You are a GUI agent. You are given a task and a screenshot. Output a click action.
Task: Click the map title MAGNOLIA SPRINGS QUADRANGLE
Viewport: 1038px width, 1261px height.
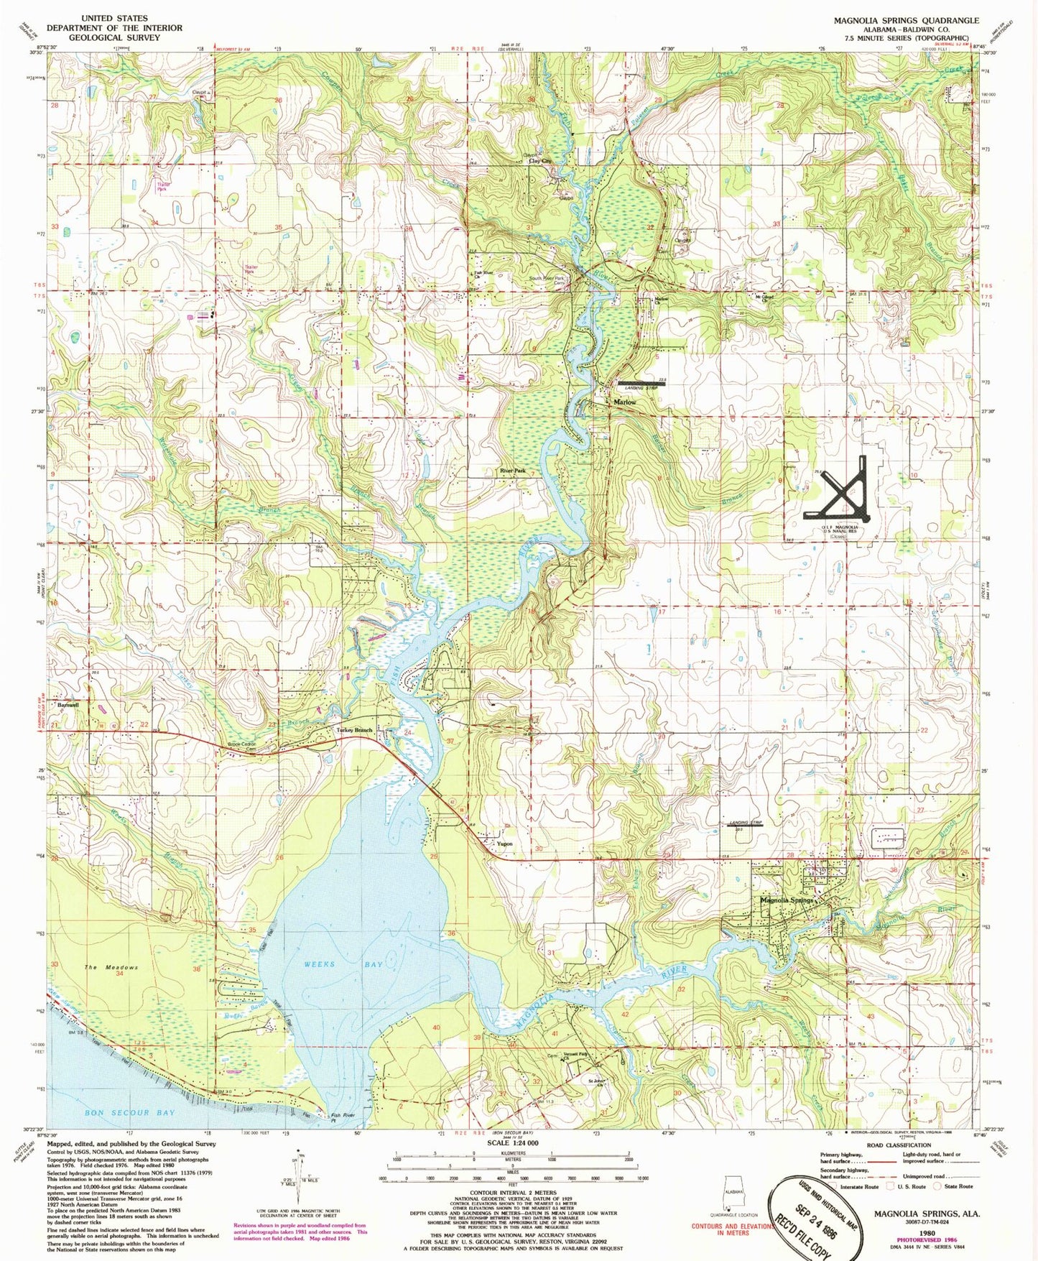pos(906,21)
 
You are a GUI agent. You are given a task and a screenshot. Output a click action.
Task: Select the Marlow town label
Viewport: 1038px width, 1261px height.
pos(624,402)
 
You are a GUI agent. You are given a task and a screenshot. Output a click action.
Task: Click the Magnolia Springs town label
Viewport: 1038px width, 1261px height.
pos(787,900)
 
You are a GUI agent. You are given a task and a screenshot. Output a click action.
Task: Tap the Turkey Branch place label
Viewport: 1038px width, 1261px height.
pos(354,730)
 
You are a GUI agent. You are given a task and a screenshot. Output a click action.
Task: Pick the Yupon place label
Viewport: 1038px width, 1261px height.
pos(504,844)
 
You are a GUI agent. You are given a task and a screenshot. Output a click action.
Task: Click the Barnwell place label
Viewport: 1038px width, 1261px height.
pos(68,705)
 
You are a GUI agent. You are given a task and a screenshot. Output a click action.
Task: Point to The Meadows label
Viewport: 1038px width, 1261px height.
pos(111,967)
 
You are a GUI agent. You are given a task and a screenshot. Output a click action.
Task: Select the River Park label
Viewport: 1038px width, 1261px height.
pos(513,471)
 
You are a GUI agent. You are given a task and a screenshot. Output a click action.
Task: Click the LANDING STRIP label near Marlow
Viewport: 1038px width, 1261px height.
pos(641,389)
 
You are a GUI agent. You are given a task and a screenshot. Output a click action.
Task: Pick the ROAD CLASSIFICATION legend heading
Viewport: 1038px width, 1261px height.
pos(899,1145)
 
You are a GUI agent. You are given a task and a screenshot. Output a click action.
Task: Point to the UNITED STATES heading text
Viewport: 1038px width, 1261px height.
pos(114,18)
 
